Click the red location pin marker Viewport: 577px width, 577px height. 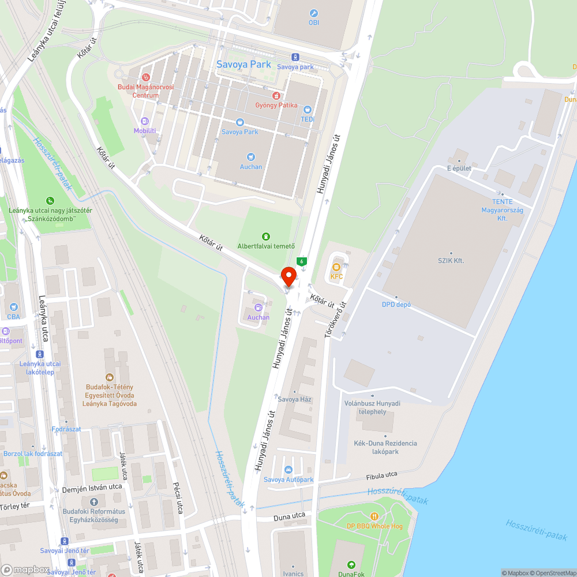(x=288, y=276)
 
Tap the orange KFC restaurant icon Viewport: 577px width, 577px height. (x=336, y=267)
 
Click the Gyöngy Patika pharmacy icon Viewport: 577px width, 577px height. (x=276, y=95)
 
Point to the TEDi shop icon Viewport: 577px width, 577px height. (x=308, y=109)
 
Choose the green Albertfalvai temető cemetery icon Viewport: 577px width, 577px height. (x=266, y=236)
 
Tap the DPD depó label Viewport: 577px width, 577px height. (x=396, y=305)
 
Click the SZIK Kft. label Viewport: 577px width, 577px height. (x=451, y=261)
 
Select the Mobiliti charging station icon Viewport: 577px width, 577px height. (x=145, y=121)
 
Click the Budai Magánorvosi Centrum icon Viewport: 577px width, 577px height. (x=146, y=77)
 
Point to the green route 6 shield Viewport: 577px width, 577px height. (x=301, y=261)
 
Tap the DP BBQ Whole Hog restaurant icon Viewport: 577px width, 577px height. (x=374, y=516)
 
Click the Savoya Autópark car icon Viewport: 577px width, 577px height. (x=288, y=470)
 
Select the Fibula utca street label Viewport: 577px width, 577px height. (x=381, y=475)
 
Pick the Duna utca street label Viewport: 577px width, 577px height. (x=289, y=515)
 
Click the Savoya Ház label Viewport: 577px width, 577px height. (x=294, y=399)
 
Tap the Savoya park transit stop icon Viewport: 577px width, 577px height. (x=295, y=57)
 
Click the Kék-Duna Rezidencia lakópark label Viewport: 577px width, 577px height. (x=385, y=447)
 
